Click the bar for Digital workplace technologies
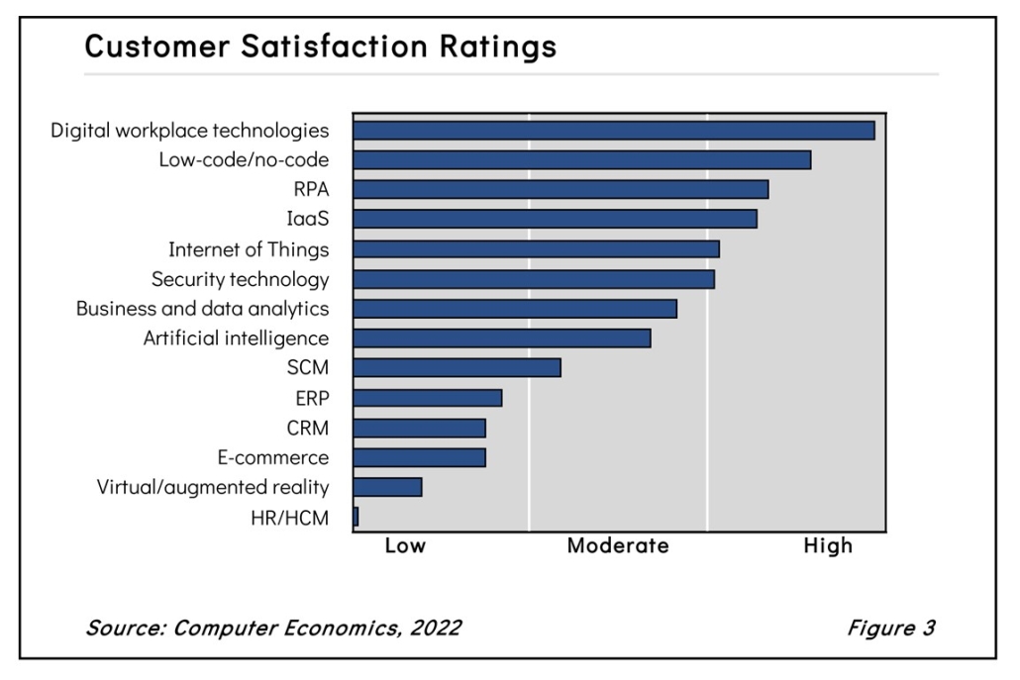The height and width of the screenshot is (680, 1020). tap(613, 131)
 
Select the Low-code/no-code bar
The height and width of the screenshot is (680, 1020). tap(581, 159)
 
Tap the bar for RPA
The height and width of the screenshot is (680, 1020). tap(561, 189)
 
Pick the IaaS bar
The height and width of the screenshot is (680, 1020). tap(555, 219)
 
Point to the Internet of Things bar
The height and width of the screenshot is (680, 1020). tap(536, 248)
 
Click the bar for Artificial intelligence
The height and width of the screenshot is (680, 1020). tap(501, 339)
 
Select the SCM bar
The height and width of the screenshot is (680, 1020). tap(457, 368)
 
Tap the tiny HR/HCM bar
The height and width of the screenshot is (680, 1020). tap(356, 517)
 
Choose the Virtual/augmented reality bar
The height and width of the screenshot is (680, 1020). tap(387, 487)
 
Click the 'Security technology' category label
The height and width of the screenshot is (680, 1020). tap(240, 279)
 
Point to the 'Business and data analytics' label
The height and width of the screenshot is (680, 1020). tap(202, 309)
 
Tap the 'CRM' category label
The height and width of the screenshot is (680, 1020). tap(309, 428)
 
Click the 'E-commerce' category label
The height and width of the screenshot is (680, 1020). tap(272, 457)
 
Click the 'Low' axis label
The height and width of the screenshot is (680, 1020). tap(405, 546)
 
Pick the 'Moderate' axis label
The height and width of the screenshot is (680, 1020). tap(618, 546)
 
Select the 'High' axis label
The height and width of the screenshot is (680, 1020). tap(827, 546)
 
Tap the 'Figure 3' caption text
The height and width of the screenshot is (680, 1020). tap(890, 628)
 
